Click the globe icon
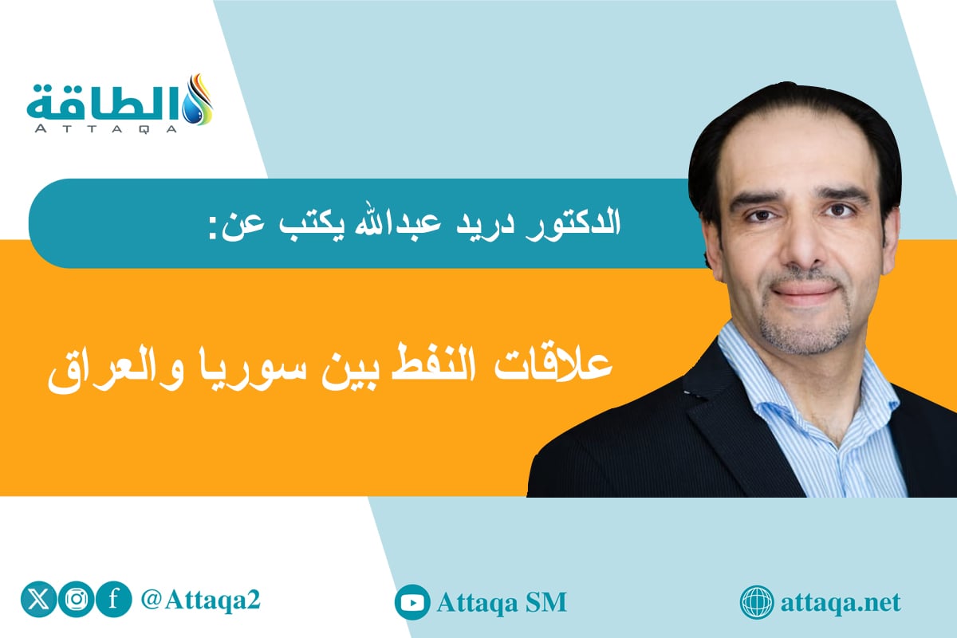756,602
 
